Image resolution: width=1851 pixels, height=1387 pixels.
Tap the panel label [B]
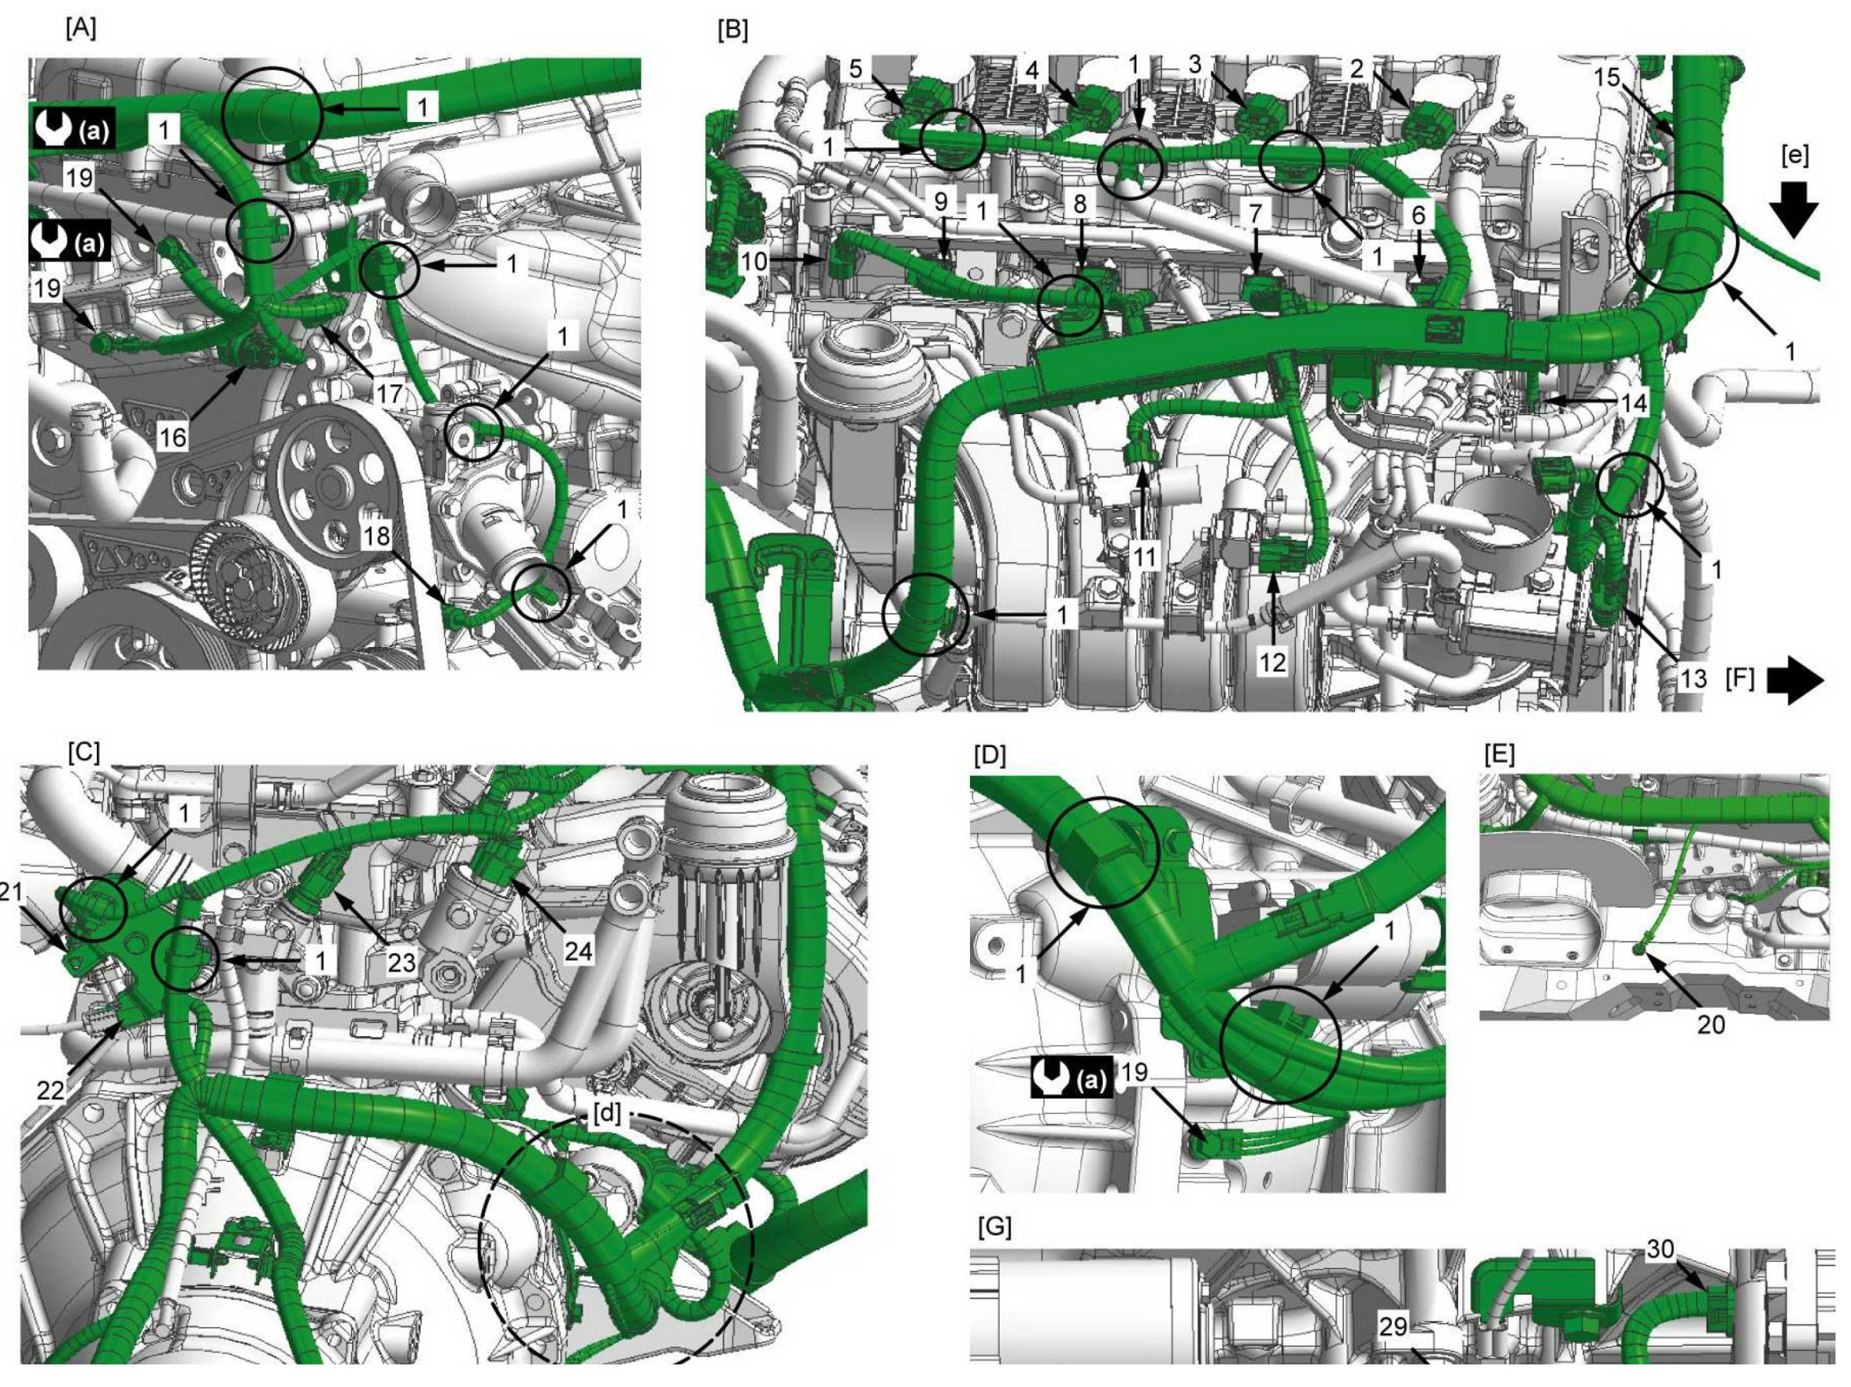pos(733,30)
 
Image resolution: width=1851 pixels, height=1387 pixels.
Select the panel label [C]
pos(84,752)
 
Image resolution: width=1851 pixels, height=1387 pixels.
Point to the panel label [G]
pos(995,1227)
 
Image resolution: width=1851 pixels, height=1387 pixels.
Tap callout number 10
pos(754,262)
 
